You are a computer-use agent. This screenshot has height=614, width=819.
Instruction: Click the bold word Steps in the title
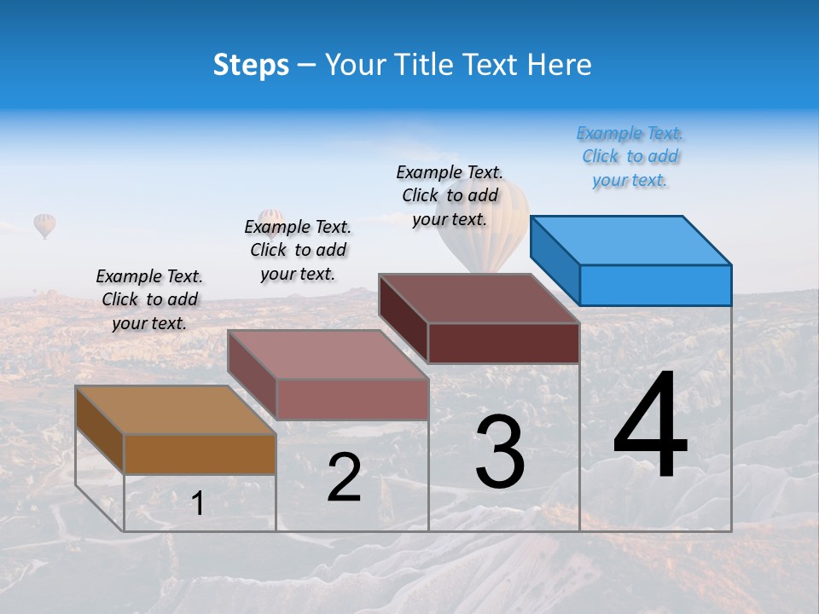[251, 65]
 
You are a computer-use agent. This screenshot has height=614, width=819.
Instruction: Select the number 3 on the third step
[499, 452]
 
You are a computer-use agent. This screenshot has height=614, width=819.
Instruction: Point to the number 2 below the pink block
[344, 478]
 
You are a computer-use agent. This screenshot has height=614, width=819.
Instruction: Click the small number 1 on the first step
[197, 504]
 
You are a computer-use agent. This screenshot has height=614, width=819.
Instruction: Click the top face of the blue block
[630, 240]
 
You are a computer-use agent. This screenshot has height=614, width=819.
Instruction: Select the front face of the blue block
[655, 285]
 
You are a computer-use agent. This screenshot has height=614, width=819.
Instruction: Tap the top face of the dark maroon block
[478, 298]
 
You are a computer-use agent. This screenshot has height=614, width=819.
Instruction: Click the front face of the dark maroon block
[503, 344]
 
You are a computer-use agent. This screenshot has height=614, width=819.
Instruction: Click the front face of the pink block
[352, 399]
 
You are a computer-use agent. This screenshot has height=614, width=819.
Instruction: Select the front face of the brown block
[200, 454]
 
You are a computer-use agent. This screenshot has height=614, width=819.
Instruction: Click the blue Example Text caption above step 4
[630, 156]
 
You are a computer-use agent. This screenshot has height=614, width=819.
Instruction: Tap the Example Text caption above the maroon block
[450, 195]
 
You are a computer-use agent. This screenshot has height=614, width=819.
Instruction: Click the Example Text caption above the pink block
[298, 250]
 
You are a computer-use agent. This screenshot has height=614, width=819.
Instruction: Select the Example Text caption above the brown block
[149, 299]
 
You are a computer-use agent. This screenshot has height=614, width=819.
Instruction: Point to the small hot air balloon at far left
[44, 225]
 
